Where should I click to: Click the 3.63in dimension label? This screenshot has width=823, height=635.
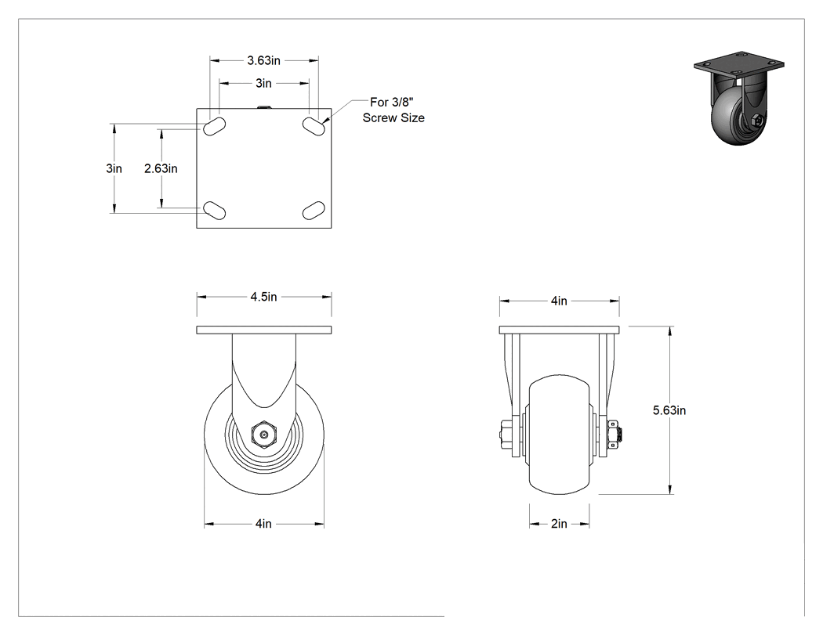263,60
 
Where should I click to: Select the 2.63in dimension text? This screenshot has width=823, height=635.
161,168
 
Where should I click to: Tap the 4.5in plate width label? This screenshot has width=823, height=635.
263,297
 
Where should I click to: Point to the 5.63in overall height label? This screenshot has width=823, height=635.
669,410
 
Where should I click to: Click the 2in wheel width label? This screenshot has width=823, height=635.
559,524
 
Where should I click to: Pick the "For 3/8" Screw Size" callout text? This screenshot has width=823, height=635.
393,110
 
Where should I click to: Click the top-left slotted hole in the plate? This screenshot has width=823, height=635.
214,126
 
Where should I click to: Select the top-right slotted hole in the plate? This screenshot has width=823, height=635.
314,126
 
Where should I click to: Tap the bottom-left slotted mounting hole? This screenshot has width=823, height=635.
214,210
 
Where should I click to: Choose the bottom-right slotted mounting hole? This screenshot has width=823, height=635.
314,210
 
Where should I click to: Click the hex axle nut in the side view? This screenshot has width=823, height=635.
264,435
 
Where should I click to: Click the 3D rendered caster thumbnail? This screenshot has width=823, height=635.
738,99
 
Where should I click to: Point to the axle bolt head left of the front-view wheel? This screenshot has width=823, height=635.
508,435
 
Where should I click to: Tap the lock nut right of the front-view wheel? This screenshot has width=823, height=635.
614,435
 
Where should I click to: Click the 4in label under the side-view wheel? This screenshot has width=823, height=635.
263,524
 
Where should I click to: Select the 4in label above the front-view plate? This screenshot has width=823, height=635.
559,301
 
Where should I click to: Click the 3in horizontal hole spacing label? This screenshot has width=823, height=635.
263,83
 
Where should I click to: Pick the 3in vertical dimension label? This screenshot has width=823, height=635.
114,168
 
